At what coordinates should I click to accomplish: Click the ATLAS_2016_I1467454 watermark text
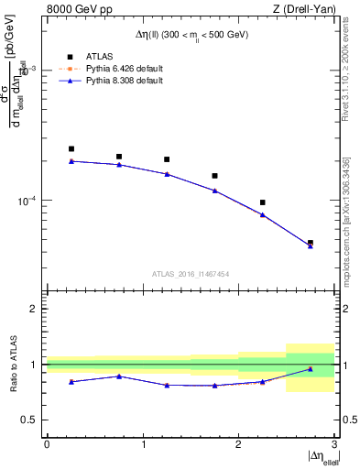pyautogui.click(x=191, y=273)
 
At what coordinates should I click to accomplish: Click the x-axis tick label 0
pyautogui.click(x=47, y=444)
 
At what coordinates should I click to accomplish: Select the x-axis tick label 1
pyautogui.click(x=143, y=444)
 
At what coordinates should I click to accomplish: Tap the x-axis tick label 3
pyautogui.click(x=334, y=444)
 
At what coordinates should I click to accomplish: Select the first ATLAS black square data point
pyautogui.click(x=71, y=148)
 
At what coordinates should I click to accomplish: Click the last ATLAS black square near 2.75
pyautogui.click(x=311, y=243)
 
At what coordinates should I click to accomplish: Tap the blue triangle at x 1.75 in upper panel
pyautogui.click(x=214, y=191)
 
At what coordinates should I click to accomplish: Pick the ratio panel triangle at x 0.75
pyautogui.click(x=119, y=376)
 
